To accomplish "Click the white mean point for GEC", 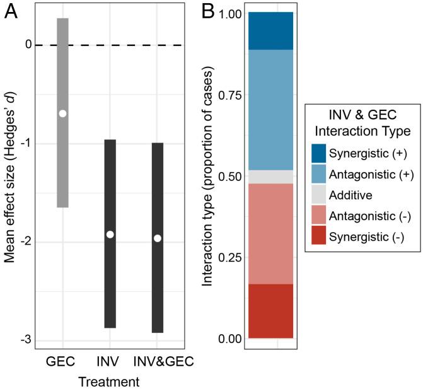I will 62,113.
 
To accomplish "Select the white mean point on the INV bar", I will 110,235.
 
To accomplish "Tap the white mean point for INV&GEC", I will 158,238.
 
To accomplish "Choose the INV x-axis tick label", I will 110,362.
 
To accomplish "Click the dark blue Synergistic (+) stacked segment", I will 270,31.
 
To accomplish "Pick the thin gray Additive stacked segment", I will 270,177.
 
